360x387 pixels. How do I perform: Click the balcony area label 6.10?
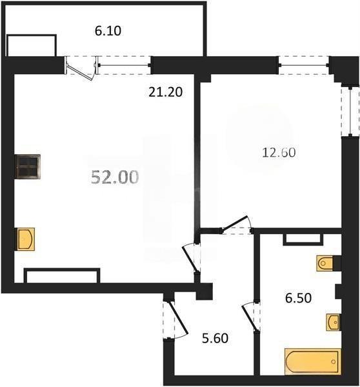coord(107,30)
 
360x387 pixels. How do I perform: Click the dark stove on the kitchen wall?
coord(28,167)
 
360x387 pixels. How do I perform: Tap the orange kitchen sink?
coord(25,239)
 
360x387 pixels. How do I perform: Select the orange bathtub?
coord(312,361)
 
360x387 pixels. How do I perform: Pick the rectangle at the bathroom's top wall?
coord(303,238)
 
